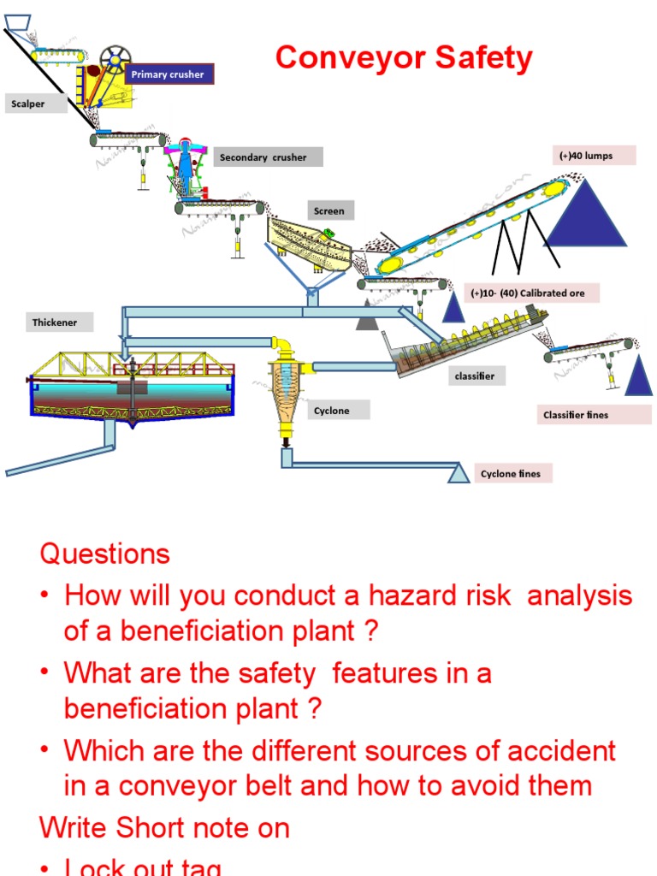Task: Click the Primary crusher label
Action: point(169,74)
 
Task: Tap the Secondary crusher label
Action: point(268,157)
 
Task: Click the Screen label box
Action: point(330,210)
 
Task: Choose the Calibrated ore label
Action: point(532,293)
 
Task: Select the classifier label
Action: point(476,376)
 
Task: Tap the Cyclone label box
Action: point(338,411)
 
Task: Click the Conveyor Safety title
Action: point(404,58)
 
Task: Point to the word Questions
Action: point(104,553)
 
